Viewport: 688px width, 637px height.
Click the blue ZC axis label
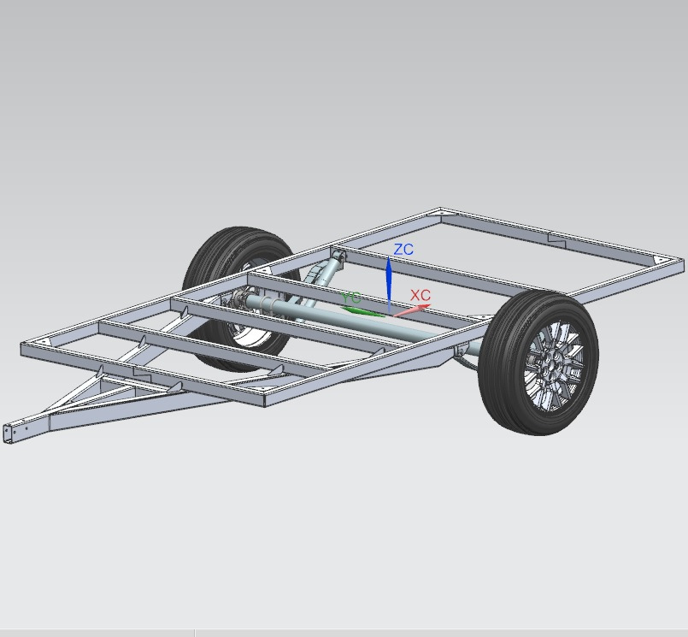click(x=403, y=250)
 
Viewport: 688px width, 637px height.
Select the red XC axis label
click(x=420, y=296)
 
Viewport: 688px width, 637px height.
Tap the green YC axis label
click(x=351, y=298)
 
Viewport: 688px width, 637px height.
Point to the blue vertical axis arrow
click(x=389, y=286)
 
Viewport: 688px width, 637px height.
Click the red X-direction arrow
click(x=412, y=310)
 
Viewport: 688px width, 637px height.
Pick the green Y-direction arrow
click(x=362, y=311)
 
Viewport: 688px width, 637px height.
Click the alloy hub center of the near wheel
click(x=550, y=367)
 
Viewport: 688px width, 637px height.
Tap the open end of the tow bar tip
click(x=8, y=434)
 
